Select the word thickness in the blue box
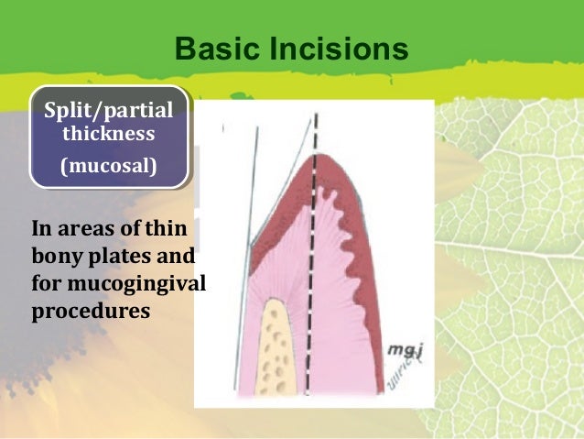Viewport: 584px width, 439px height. coord(108,135)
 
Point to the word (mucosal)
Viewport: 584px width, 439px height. coord(108,167)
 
